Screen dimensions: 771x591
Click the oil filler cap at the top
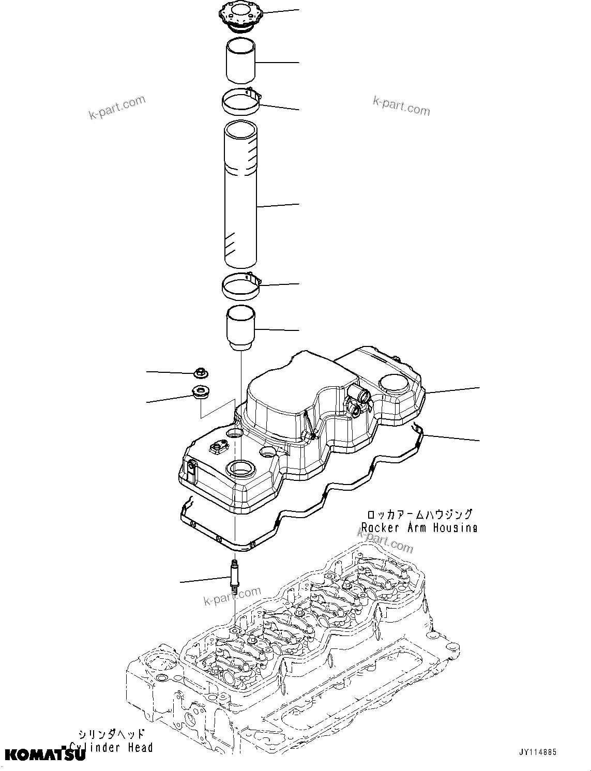[x=241, y=18]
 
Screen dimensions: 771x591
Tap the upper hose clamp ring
[x=242, y=101]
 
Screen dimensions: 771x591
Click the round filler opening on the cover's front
[x=240, y=470]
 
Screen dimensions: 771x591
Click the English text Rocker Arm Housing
[x=419, y=527]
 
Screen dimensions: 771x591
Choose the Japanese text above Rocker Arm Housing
[x=419, y=515]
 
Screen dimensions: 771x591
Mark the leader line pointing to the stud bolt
[x=204, y=580]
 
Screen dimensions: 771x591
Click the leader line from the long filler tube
[x=278, y=205]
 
